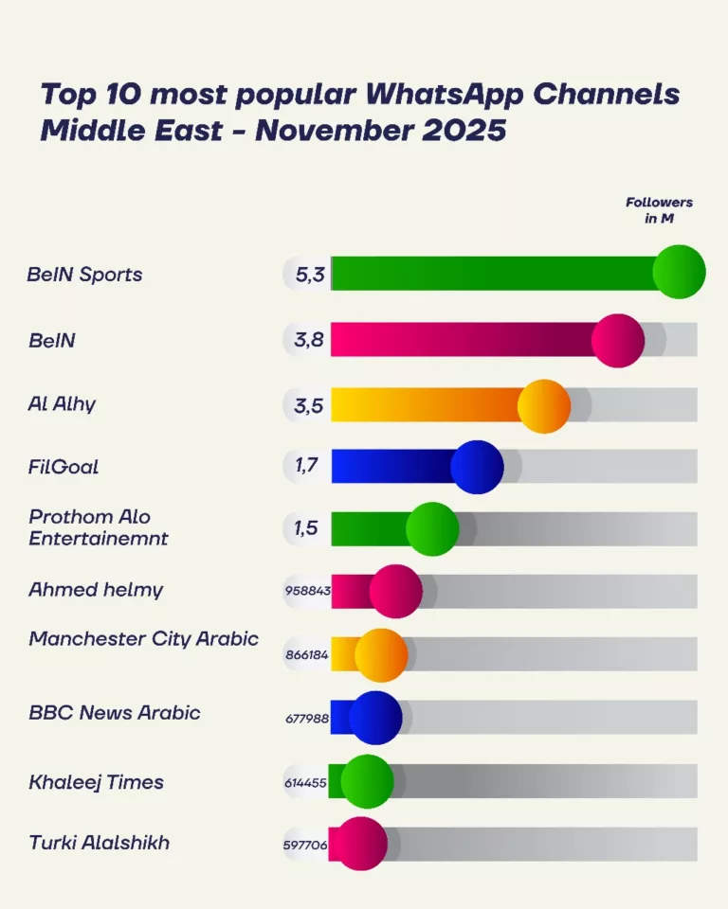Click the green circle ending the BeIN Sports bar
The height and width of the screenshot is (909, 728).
pos(680,272)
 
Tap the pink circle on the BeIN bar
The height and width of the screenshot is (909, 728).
pos(618,340)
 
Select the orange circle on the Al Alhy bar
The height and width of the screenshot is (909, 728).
pos(544,406)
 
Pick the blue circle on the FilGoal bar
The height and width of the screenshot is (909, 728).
pos(477,467)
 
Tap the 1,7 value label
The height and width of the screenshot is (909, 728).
pos(306,466)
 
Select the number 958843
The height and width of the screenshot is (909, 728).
pos(307,590)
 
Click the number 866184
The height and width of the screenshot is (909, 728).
pos(307,654)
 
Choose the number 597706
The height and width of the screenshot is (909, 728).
pos(305,845)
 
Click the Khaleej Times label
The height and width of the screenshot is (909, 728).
pos(96,782)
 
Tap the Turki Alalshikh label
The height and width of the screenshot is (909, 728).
pos(99,842)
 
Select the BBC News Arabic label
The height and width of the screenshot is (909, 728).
pos(114,713)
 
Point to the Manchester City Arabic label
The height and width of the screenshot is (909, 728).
pos(143,638)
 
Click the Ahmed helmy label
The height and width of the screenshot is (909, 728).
pos(96,589)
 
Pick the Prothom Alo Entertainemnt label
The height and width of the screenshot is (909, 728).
pos(98,527)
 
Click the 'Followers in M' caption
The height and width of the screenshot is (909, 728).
pos(659,209)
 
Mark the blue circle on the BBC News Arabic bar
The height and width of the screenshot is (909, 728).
pos(375,718)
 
